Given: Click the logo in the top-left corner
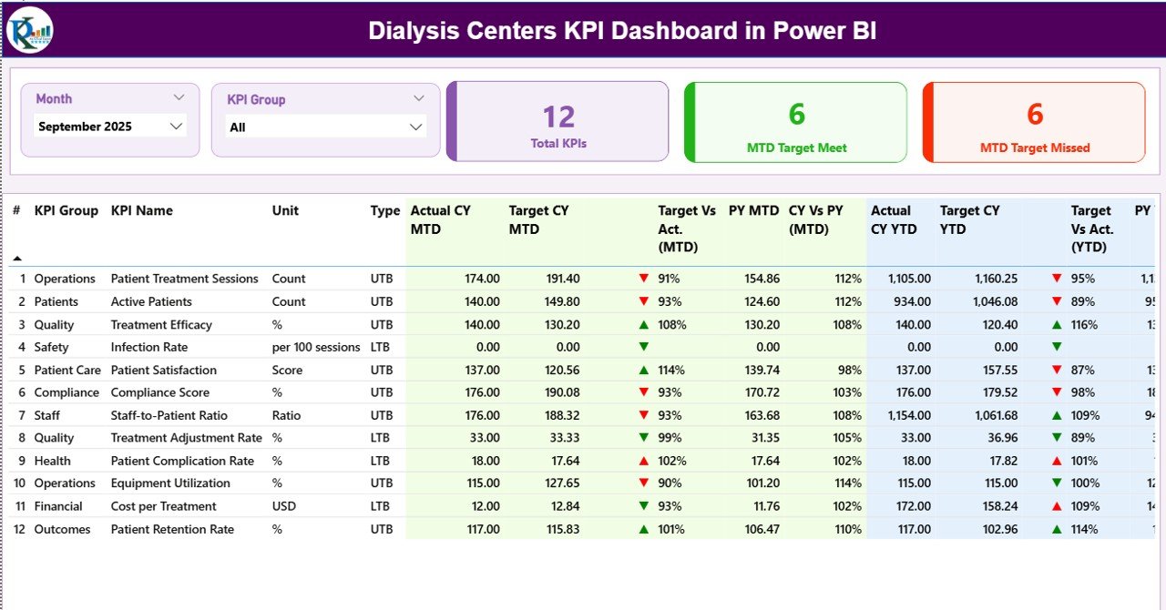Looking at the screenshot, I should click(x=30, y=30).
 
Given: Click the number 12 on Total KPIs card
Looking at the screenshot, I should click(x=558, y=117).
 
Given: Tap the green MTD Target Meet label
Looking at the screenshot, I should click(x=796, y=147).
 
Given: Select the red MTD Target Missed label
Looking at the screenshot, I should click(x=1035, y=147).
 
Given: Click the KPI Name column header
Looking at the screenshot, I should click(x=141, y=210).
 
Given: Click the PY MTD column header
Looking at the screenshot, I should click(x=753, y=210).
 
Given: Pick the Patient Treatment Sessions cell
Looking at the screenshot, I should click(x=184, y=279).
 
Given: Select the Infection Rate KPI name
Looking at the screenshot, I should click(x=149, y=347).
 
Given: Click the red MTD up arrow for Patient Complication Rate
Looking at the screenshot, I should click(x=644, y=461).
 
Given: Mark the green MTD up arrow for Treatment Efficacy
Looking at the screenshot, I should click(x=644, y=324).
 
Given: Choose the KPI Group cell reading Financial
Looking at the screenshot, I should click(x=58, y=506).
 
